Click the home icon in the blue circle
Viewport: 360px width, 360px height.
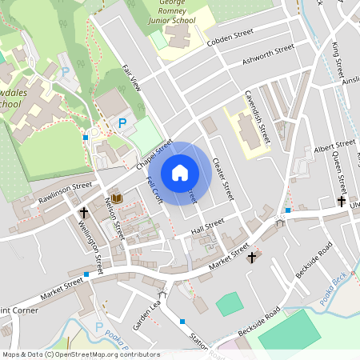click(x=180, y=173)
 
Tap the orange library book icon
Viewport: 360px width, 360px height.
click(x=118, y=198)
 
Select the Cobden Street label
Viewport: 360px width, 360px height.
click(x=230, y=41)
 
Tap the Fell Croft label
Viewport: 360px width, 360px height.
click(x=154, y=190)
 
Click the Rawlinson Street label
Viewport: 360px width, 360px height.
click(x=66, y=191)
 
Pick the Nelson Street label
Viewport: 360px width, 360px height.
click(x=114, y=219)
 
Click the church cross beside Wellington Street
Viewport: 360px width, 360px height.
click(x=83, y=213)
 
